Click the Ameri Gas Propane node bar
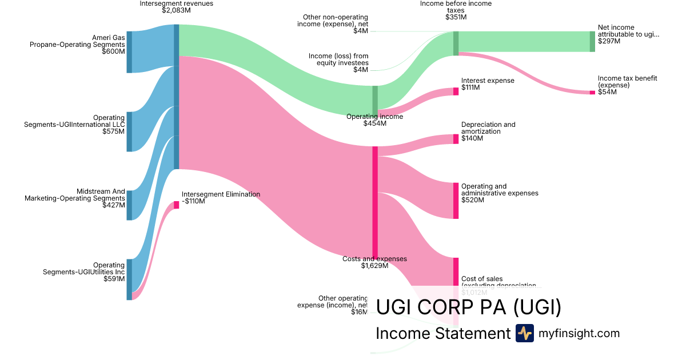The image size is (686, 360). coord(129,52)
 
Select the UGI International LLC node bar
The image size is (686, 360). coord(129,131)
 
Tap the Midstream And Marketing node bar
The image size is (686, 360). coord(129,205)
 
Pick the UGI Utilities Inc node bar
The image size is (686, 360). coord(129,279)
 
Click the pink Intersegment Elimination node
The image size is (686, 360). coord(176,205)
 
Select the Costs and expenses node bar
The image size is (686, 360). coord(375,202)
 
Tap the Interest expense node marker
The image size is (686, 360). coord(456,91)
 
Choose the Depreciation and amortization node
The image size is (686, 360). coord(456,139)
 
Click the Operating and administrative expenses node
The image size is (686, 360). coord(456,201)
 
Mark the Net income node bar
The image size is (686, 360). coord(592,41)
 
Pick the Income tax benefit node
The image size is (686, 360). coord(592,92)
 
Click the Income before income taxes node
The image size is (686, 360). coord(456,43)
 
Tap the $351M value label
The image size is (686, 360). coord(456,17)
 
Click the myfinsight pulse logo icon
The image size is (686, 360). coord(524,333)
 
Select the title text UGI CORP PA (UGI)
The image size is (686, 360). coord(468,307)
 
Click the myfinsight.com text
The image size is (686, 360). coord(579,333)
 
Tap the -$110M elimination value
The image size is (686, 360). coord(193,201)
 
